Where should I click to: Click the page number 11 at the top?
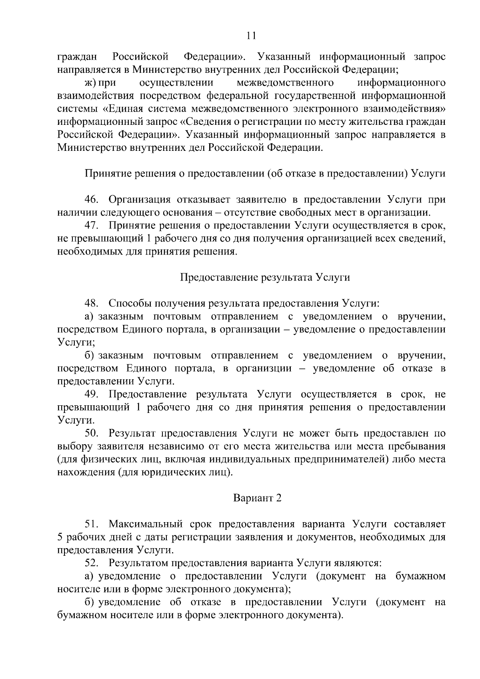point(251,36)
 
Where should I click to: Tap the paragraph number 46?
point(91,200)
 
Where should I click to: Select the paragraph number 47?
point(91,226)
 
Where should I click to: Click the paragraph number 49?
point(91,394)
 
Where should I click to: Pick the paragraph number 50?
point(91,433)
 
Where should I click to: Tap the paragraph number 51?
point(91,524)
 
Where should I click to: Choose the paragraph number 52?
point(91,563)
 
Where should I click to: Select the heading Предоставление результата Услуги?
point(265,277)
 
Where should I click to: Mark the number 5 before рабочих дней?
point(60,537)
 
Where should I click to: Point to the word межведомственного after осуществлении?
point(285,83)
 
